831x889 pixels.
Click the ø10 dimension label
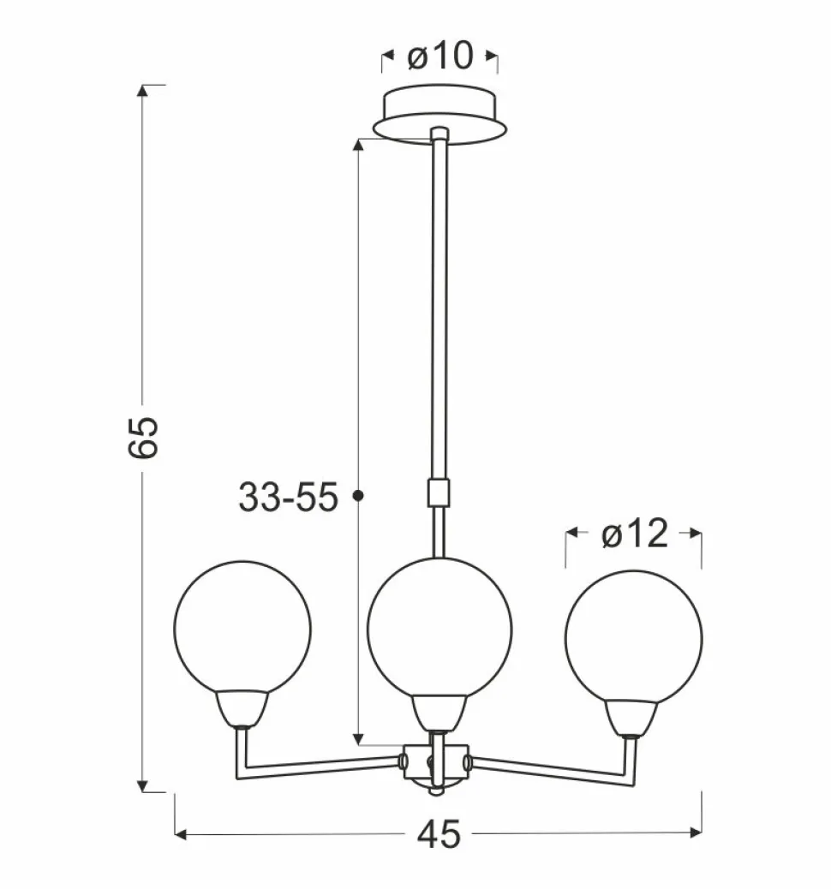click(440, 57)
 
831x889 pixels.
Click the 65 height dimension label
click(142, 437)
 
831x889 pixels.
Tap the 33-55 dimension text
click(288, 498)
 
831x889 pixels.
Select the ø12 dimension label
click(635, 534)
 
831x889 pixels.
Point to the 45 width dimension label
click(439, 834)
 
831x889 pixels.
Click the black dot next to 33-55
click(358, 496)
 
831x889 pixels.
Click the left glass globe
click(242, 628)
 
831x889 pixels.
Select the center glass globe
click(439, 628)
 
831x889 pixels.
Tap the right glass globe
click(634, 638)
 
